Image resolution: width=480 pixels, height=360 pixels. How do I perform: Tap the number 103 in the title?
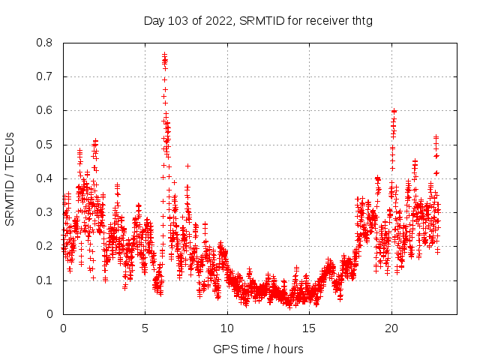175,20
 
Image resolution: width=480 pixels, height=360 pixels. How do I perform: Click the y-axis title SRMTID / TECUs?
10,178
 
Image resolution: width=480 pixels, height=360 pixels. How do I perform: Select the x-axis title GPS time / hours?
259,349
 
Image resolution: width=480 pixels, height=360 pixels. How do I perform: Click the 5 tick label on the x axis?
145,328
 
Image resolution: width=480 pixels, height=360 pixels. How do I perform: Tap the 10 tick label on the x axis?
227,328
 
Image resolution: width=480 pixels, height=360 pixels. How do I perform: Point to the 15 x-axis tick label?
309,328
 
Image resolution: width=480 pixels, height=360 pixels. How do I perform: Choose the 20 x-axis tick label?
391,328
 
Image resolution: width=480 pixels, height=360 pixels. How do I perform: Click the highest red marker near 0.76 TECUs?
164,54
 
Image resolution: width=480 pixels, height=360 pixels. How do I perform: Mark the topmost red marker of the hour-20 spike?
393,110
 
